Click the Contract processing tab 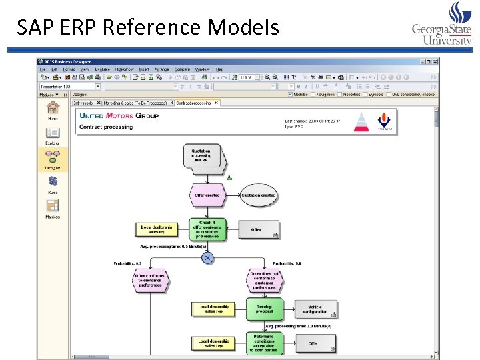(x=193, y=103)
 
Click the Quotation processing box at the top (x=201, y=157)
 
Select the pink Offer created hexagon (x=207, y=195)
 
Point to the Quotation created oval (x=258, y=195)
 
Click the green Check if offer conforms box (x=207, y=229)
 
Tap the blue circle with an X (x=207, y=257)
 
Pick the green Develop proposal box (x=264, y=309)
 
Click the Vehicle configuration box (x=315, y=309)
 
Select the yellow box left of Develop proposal (x=215, y=309)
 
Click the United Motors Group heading (x=119, y=115)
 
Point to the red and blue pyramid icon (x=361, y=122)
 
